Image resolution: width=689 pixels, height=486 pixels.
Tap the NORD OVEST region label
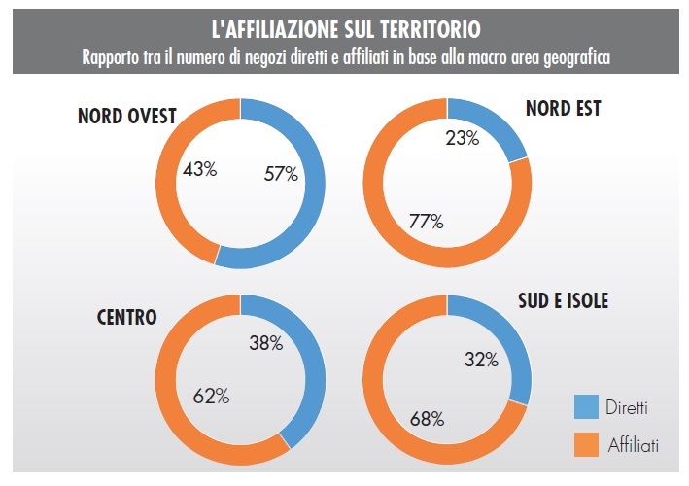point(126,117)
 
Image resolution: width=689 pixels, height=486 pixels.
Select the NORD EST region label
point(563,108)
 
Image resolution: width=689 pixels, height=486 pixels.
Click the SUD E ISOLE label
point(562,301)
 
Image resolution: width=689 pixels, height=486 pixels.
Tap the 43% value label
point(199,169)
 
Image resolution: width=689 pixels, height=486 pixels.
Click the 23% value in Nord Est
point(462,139)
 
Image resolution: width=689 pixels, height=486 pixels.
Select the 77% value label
point(426,222)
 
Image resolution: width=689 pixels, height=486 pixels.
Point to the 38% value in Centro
point(264,343)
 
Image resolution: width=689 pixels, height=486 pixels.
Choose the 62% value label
point(211,396)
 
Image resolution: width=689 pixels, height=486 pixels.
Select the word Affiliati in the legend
point(634,445)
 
